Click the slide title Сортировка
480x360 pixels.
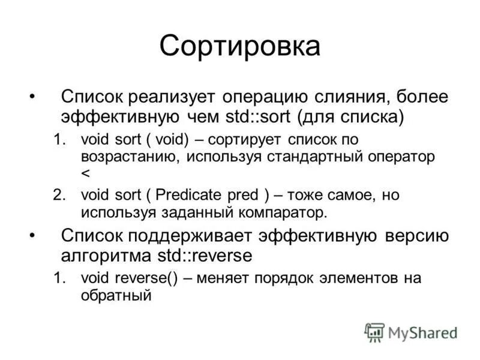[x=240, y=46]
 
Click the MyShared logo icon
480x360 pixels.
[x=374, y=332]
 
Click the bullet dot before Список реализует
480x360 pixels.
[x=33, y=97]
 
